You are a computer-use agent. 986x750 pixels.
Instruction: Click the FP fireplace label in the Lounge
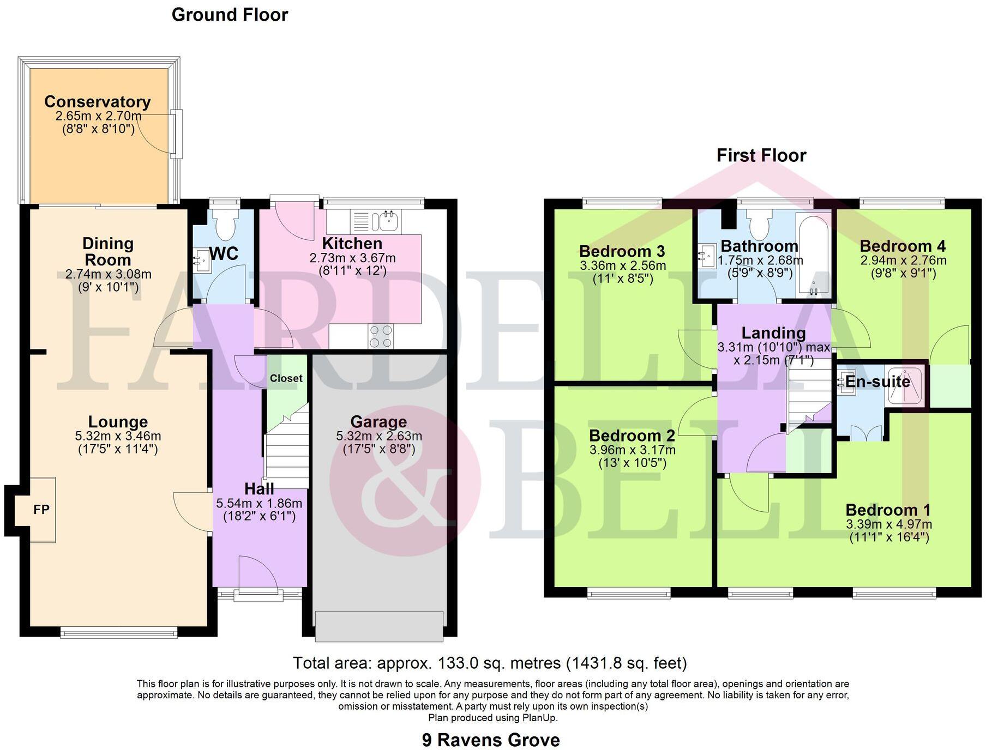point(41,510)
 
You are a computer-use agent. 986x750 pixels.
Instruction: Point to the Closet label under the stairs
point(286,378)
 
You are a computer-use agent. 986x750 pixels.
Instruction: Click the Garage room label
point(378,422)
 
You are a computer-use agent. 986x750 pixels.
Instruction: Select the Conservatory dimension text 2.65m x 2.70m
point(98,116)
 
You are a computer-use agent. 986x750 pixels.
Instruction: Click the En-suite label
point(877,382)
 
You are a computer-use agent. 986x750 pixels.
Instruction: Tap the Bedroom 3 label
point(622,251)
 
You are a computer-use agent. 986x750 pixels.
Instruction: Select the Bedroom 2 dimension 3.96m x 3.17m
point(632,450)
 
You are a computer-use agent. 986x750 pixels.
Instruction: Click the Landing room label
point(773,333)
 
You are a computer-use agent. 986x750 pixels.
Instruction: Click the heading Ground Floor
point(230,15)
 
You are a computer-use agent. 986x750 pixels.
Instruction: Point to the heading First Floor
point(761,155)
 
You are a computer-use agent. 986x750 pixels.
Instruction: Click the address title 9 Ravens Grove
point(491,740)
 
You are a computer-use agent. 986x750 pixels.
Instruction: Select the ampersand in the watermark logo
point(406,480)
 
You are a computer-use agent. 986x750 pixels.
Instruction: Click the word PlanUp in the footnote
point(539,718)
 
